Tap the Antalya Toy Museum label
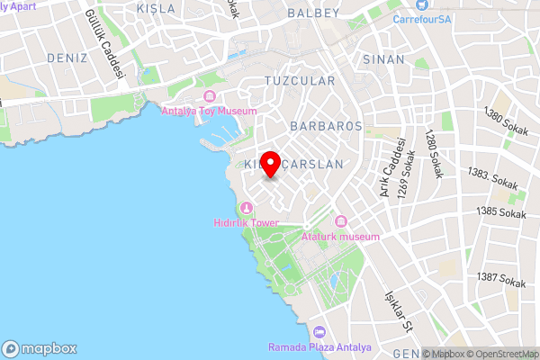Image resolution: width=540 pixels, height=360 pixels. coord(209,111)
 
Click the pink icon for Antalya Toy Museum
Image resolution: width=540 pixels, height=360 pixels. coord(210,96)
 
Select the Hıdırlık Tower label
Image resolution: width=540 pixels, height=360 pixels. coord(246,222)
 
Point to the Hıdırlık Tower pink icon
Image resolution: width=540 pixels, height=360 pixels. coord(246,209)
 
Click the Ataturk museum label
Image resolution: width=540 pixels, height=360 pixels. coord(340,236)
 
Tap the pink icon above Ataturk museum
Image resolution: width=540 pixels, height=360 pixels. coord(340,222)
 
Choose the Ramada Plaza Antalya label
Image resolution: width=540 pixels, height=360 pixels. coord(314,347)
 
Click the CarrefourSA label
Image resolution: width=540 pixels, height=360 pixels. coord(422,18)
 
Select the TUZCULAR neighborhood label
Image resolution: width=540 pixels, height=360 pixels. coord(300,81)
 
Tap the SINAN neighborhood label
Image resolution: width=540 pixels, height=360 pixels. coord(384,58)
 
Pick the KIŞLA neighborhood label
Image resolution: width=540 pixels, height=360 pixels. coord(157,7)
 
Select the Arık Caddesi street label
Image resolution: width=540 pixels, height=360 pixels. coord(389,169)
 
